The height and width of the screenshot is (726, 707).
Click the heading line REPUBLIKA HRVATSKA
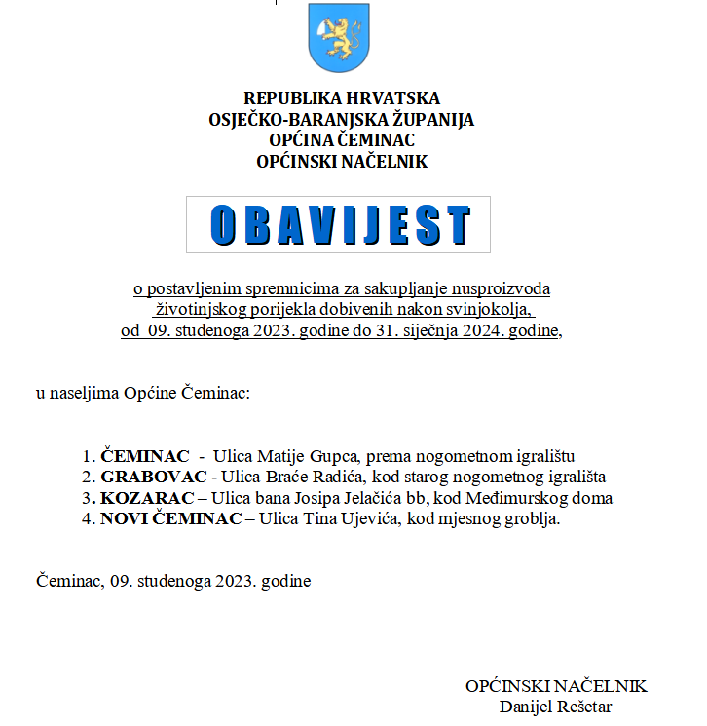342,98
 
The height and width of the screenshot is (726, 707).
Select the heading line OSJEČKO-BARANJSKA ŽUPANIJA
341,120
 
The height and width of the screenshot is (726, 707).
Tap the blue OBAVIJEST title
339,225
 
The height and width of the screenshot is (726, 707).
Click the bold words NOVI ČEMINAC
170,518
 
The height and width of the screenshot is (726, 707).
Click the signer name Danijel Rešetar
555,707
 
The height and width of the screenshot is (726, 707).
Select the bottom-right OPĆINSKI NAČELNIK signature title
555,686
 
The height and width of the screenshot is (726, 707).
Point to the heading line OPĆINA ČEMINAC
341,141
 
